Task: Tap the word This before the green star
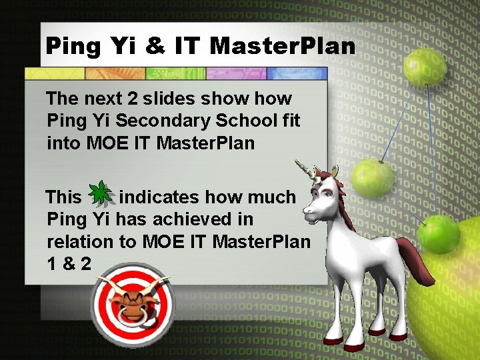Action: pyautogui.click(x=63, y=197)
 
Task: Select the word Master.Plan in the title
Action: pyautogui.click(x=283, y=46)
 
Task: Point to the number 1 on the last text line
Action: pyautogui.click(x=52, y=263)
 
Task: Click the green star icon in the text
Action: pyautogui.click(x=100, y=193)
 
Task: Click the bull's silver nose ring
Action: pyautogui.click(x=133, y=319)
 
